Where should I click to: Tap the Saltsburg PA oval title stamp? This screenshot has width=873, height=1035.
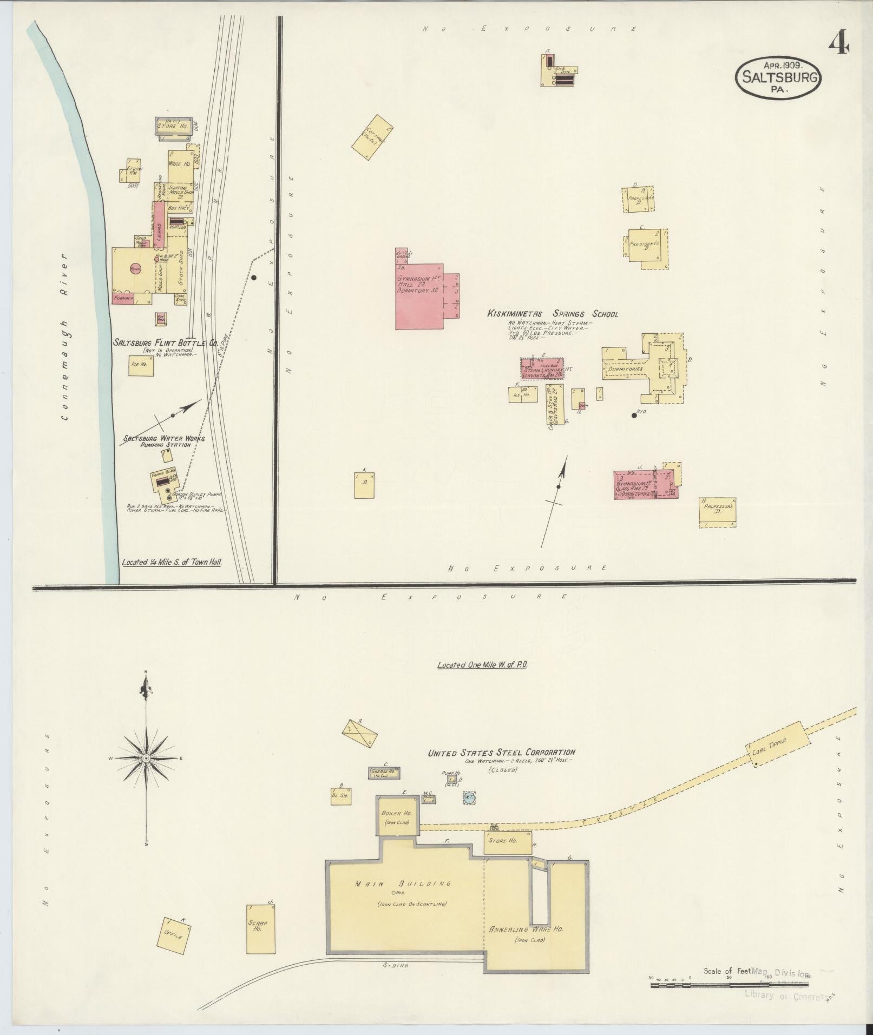coord(778,77)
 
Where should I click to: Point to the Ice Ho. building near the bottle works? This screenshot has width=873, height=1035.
coord(141,365)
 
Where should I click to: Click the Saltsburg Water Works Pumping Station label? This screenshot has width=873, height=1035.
coord(163,441)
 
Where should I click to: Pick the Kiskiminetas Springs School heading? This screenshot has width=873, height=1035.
coord(553,314)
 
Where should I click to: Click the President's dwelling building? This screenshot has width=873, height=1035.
coord(646,247)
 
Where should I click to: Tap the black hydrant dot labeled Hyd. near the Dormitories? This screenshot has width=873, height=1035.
coord(634,416)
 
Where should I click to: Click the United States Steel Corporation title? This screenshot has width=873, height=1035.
coord(501,752)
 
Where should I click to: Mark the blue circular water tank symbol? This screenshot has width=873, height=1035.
coord(469,796)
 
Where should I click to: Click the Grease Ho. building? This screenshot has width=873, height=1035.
coord(384,773)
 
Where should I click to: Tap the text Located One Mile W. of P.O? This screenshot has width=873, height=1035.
coord(482,665)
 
